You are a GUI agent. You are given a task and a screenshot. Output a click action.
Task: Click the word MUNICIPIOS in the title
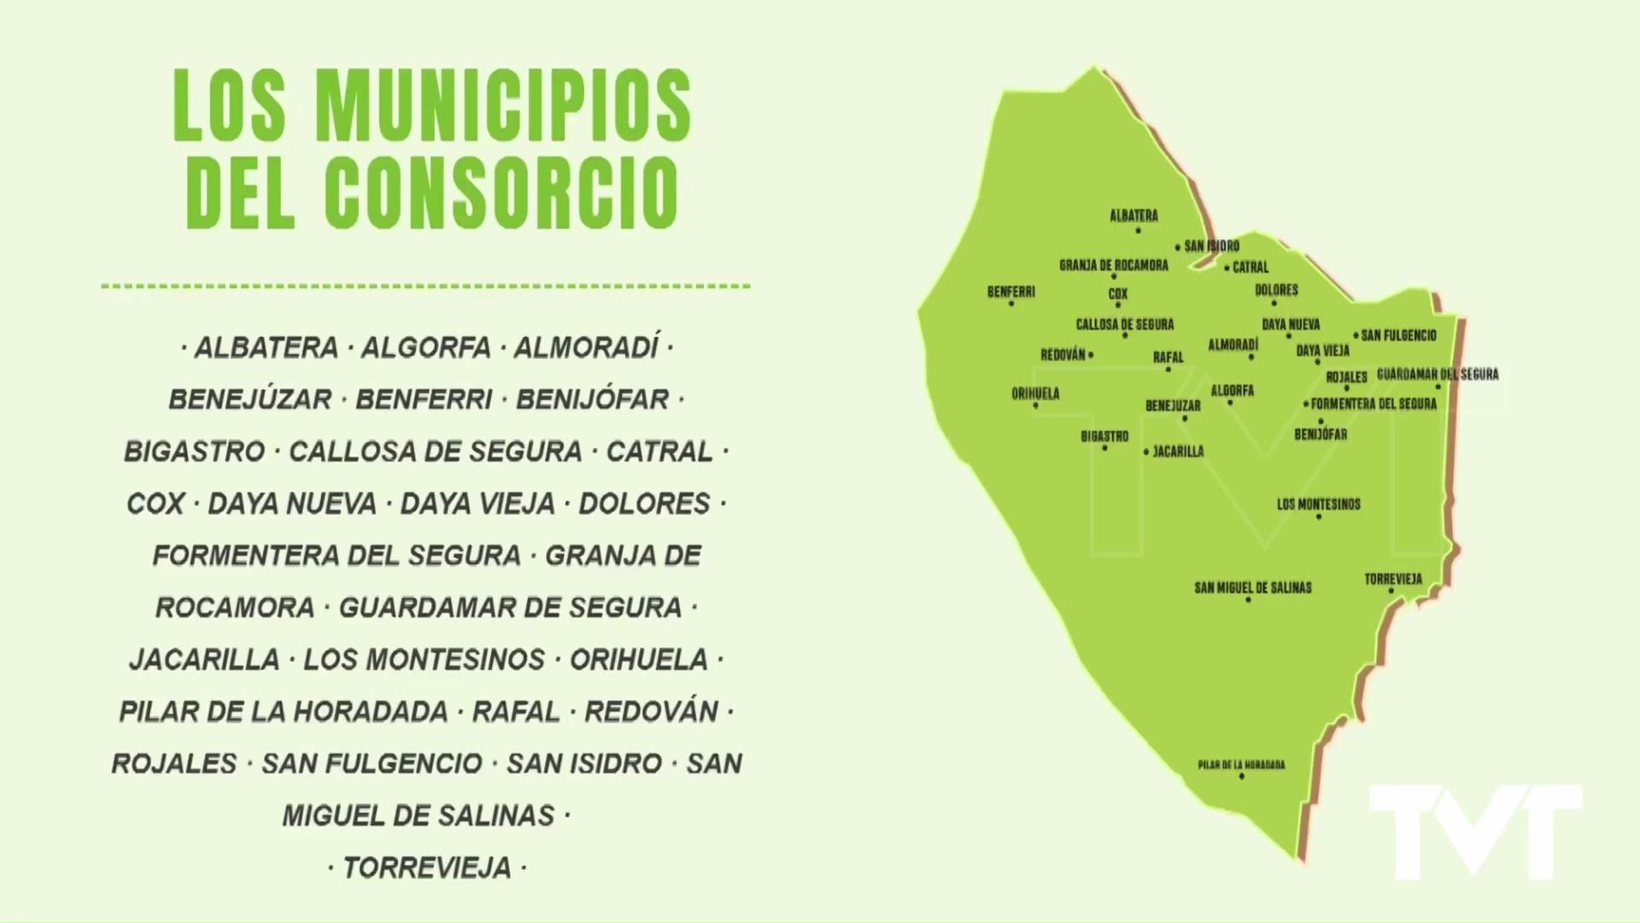tap(504, 106)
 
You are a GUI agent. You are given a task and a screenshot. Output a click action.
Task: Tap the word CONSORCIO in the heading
tap(501, 191)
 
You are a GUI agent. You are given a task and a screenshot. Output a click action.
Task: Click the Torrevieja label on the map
tap(1393, 579)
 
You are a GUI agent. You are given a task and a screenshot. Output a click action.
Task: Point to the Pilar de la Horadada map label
tap(1241, 765)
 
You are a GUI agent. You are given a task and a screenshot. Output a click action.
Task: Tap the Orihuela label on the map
tap(1035, 394)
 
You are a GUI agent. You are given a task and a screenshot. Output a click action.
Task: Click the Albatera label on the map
tap(1133, 216)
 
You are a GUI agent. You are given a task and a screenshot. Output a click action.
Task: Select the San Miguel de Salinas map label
tap(1252, 588)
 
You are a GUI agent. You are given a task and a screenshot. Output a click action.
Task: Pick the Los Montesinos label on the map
tap(1318, 504)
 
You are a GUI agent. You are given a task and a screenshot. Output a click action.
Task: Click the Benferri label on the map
tap(1011, 292)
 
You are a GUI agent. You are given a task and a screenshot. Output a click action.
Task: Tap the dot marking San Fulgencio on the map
tap(1356, 336)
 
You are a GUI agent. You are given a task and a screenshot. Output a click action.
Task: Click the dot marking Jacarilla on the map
tap(1146, 452)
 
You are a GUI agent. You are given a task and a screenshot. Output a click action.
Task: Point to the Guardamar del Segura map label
tap(1438, 374)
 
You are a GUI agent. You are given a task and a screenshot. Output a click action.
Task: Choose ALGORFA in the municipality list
tap(425, 349)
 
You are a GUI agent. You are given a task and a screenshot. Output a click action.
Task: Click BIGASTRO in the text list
tap(195, 452)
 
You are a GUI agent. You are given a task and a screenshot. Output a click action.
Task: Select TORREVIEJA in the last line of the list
tap(427, 868)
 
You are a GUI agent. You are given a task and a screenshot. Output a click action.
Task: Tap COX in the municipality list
tap(155, 504)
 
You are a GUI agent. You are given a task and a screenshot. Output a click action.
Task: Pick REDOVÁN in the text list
tap(651, 712)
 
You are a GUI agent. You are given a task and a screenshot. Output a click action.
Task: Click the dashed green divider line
tap(425, 286)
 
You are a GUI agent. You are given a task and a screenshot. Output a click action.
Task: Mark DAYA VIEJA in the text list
tap(477, 504)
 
